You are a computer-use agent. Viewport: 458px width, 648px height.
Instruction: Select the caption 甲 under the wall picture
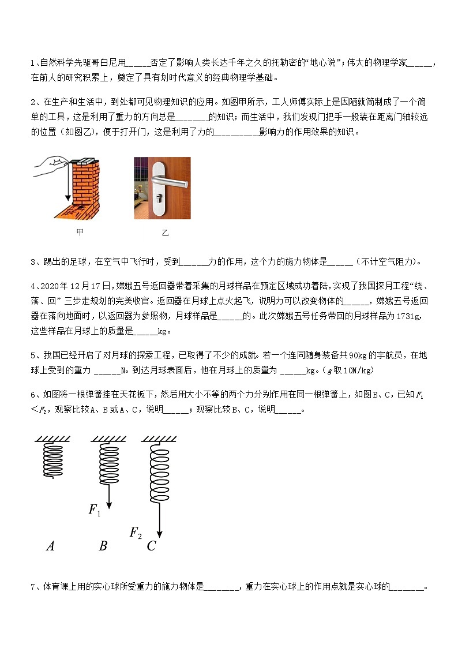pos(80,233)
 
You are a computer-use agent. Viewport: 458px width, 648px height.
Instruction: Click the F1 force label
pos(95,510)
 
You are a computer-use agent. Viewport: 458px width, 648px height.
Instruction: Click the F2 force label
pos(136,532)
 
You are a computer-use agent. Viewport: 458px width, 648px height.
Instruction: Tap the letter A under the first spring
pos(50,546)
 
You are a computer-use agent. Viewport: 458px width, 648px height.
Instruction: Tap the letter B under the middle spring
pos(103,546)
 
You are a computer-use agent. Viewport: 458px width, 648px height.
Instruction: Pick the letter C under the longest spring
pos(151,546)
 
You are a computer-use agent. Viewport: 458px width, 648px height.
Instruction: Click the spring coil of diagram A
pos(53,459)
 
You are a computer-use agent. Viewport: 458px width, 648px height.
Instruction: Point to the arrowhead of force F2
pos(159,533)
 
